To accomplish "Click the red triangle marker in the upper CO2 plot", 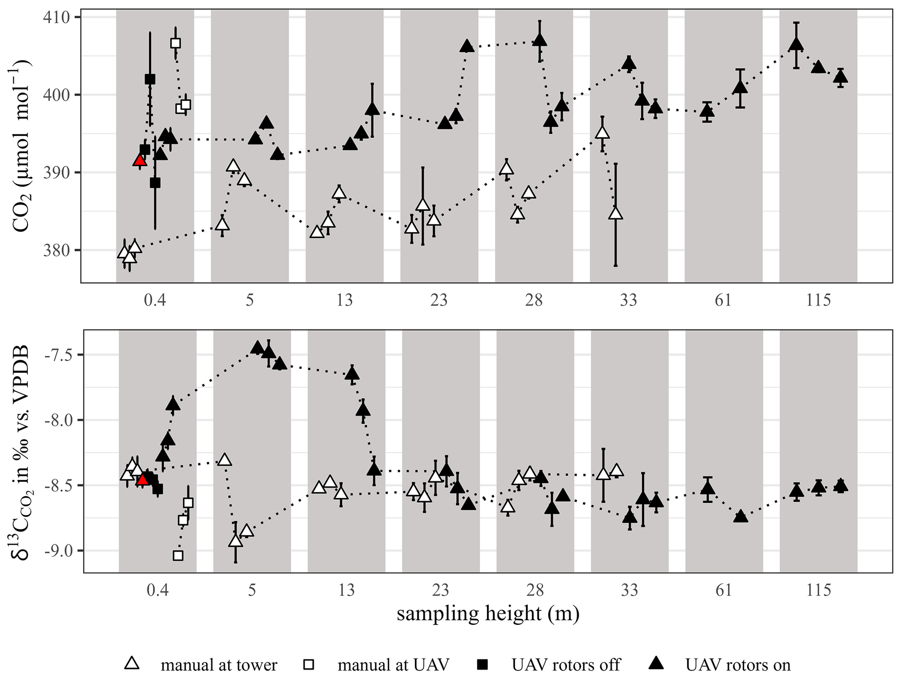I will tap(139, 160).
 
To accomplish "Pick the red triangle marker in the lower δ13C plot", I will tap(143, 480).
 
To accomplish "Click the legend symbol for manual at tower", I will tap(132, 663).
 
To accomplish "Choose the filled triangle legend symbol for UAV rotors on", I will tap(656, 663).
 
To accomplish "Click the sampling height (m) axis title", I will tap(488, 613).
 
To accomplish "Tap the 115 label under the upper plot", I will tap(818, 300).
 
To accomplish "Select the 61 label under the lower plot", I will tap(724, 590).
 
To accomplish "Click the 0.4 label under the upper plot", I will tap(155, 300).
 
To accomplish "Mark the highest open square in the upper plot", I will tap(176, 43).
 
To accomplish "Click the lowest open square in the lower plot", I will tap(178, 556).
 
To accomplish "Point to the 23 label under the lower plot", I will tap(441, 590).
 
